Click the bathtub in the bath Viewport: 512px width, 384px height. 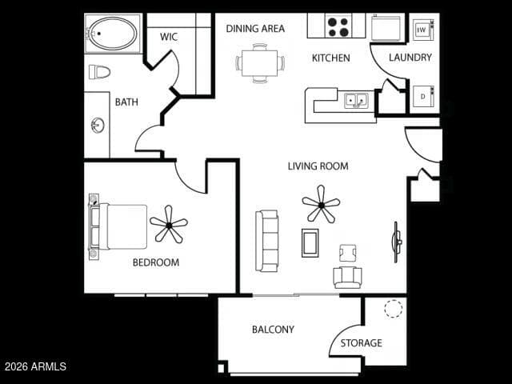click(113, 34)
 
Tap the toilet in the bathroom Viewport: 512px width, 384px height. click(99, 72)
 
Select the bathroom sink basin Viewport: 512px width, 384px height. click(98, 126)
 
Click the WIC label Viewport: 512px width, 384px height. click(169, 37)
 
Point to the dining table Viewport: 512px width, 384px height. click(259, 63)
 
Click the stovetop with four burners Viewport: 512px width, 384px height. click(338, 27)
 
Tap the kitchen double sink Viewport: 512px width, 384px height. click(356, 100)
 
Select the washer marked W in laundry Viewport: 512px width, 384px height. click(423, 30)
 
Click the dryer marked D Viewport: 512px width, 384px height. click(423, 96)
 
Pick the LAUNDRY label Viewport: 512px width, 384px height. click(410, 58)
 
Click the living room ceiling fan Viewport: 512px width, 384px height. click(322, 205)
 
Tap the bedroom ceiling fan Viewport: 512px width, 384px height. click(169, 225)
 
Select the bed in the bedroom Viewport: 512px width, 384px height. click(118, 227)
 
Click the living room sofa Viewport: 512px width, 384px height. click(267, 241)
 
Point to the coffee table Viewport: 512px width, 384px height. click(310, 243)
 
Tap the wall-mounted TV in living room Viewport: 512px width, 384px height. click(397, 242)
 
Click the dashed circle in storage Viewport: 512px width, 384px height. click(393, 308)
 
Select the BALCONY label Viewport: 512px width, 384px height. click(273, 329)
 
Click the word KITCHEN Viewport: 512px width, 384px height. click(330, 58)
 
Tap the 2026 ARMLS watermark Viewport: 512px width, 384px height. click(35, 366)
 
